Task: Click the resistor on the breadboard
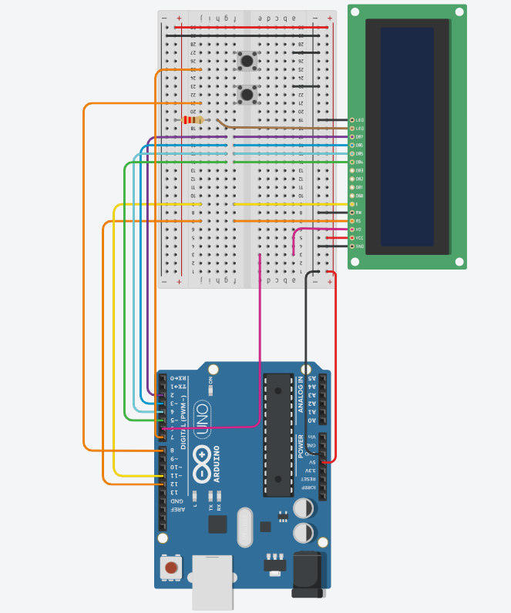point(192,119)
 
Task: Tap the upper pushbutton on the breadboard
point(247,60)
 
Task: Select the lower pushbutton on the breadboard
point(247,95)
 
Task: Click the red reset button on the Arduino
point(170,568)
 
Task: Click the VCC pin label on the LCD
point(359,238)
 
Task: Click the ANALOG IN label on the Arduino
point(301,394)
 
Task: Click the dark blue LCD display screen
point(407,136)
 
